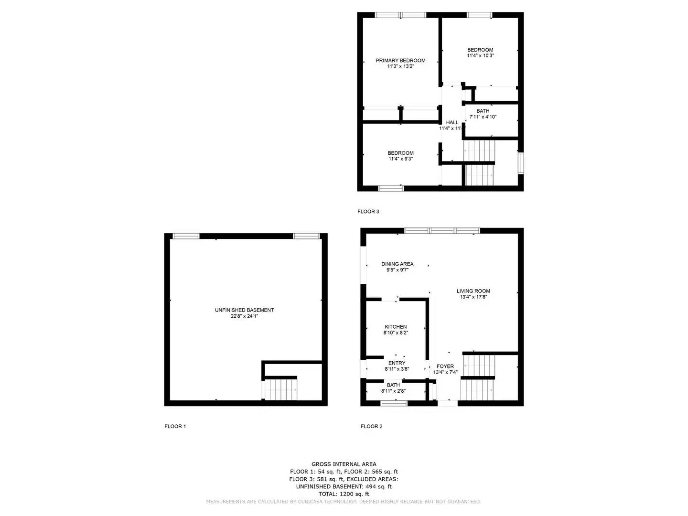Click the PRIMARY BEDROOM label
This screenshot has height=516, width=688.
(x=400, y=61)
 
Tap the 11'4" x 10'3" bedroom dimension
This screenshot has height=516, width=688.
(x=480, y=56)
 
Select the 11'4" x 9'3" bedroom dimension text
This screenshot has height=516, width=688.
(x=400, y=159)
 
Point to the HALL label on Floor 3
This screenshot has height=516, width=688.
(x=452, y=123)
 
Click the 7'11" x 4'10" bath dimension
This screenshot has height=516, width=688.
(x=483, y=117)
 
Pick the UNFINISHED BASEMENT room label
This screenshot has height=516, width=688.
(x=244, y=310)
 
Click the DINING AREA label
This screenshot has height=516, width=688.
(x=397, y=264)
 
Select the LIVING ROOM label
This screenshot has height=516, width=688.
(x=473, y=291)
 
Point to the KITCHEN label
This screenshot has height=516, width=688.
(x=396, y=327)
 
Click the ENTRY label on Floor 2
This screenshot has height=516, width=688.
(x=397, y=363)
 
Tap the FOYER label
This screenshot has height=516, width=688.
(x=445, y=366)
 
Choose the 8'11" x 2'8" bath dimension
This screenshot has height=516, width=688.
(x=393, y=391)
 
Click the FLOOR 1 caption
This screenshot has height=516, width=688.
(x=175, y=427)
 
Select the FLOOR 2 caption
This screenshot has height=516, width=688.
(x=371, y=427)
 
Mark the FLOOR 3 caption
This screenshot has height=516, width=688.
(x=368, y=212)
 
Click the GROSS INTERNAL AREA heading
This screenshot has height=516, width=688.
(x=344, y=464)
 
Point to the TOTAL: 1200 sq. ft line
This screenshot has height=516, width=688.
(x=344, y=494)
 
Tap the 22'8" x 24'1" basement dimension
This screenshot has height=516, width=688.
(x=244, y=316)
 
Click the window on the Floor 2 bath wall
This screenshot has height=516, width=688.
(x=394, y=403)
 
